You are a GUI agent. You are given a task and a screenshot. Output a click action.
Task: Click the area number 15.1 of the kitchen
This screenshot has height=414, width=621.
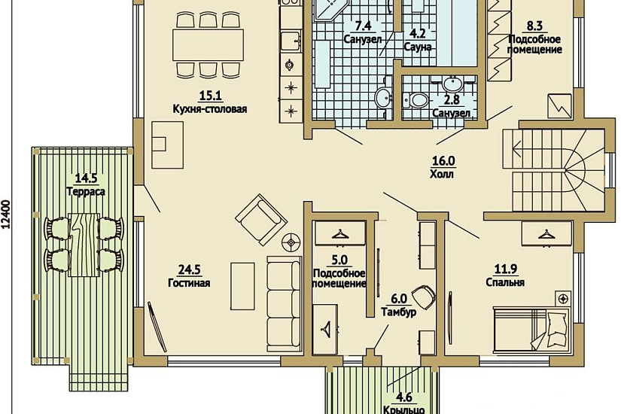[210, 96]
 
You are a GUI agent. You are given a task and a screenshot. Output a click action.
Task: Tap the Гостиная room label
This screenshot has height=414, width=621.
[189, 283]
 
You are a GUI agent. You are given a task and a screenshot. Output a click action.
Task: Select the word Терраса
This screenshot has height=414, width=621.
[86, 192]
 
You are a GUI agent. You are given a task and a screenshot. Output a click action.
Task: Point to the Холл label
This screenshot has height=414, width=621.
[442, 174]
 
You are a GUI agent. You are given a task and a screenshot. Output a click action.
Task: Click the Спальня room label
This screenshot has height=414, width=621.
[505, 282]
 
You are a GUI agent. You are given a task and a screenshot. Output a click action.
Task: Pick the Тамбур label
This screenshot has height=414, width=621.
[399, 312]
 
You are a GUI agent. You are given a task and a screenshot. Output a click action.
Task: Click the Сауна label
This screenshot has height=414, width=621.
[418, 47]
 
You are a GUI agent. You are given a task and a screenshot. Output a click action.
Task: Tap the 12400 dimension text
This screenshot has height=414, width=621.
[7, 215]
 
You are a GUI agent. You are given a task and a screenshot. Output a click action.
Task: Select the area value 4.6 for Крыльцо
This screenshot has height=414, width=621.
[404, 397]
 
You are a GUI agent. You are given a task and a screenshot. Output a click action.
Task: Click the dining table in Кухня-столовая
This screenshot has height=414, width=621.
[208, 44]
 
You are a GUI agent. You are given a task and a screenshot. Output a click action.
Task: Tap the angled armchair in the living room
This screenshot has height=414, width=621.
[261, 220]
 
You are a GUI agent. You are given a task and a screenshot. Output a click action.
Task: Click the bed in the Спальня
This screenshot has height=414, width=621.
[531, 328]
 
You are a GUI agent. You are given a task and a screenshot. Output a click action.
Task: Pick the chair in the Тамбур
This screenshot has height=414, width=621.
[423, 296]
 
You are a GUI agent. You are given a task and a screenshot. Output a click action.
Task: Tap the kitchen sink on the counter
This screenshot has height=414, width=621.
[291, 41]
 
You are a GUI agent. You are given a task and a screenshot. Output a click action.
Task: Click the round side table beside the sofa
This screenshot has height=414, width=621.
[291, 242]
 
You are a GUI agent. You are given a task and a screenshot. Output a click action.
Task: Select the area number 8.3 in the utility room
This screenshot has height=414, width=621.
[534, 26]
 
